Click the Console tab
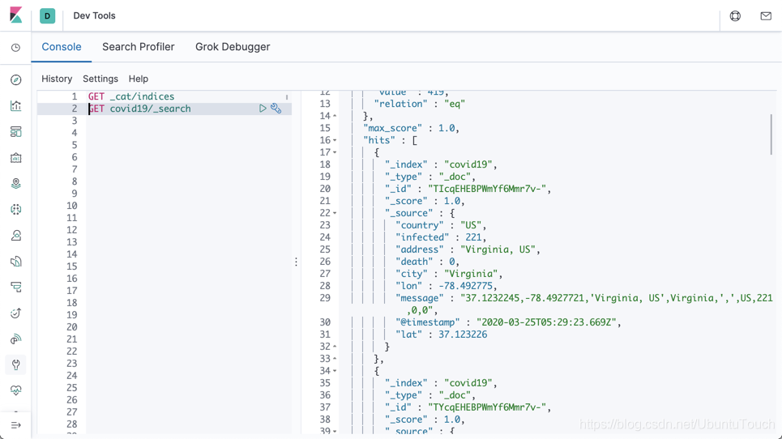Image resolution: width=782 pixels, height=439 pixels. coord(62,47)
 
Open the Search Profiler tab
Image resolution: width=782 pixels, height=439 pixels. coord(138,47)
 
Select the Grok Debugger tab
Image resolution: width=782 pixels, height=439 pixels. coord(233,47)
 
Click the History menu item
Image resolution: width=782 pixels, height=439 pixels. coord(57,79)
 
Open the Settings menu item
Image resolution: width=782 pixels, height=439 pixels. coord(100,79)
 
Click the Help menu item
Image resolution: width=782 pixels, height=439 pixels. coord(139,79)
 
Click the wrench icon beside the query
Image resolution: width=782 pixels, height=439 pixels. coord(276,109)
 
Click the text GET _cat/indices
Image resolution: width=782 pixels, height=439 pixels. coord(131,96)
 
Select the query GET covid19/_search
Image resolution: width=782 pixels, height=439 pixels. coord(139,109)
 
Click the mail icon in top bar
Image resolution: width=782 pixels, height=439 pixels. coord(766,16)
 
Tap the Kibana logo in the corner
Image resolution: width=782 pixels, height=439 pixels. coord(15,15)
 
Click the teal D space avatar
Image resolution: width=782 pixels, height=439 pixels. coord(48,16)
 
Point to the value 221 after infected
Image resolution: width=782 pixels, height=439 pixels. coord(474,237)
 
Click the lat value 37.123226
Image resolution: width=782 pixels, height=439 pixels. coord(463,335)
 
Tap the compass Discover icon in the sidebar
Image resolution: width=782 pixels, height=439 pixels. coord(16,80)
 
